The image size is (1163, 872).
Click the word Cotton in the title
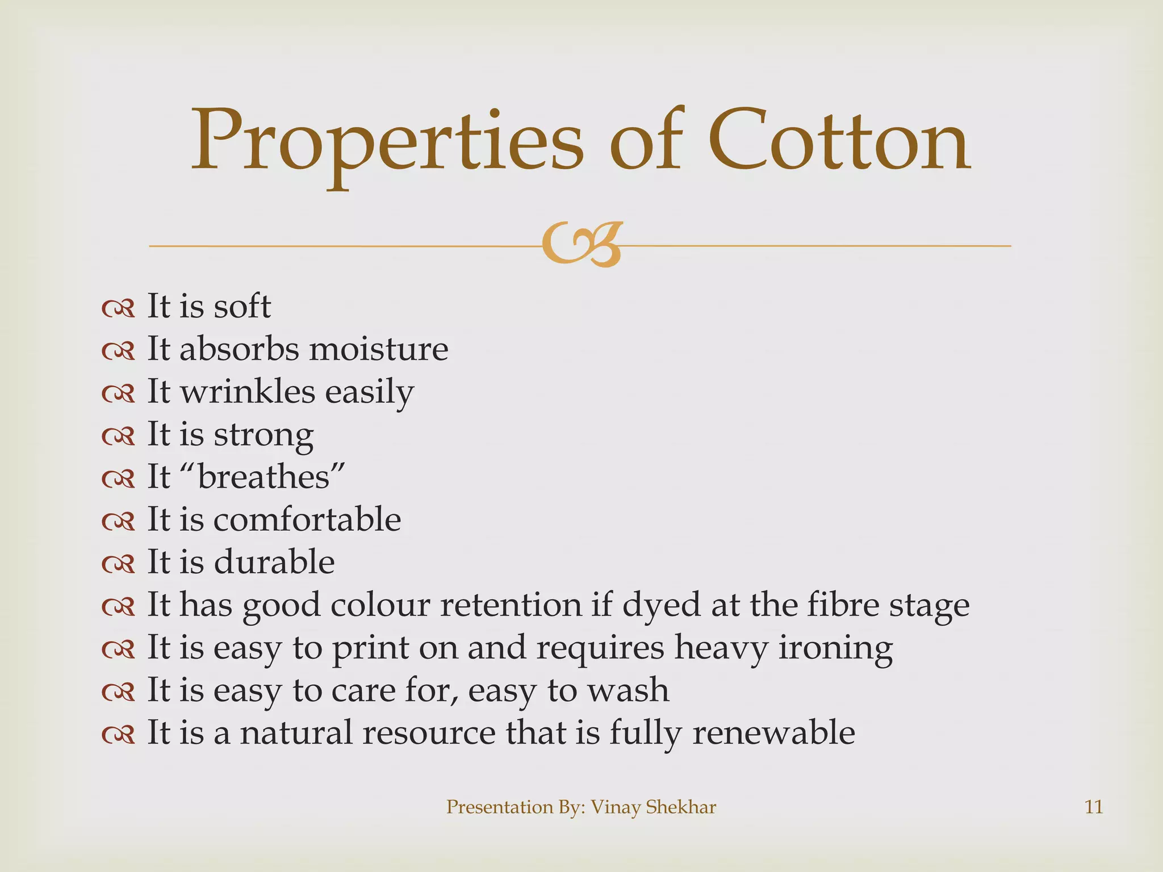tap(839, 142)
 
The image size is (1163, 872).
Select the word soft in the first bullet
tap(242, 307)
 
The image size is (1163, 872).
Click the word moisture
tap(378, 349)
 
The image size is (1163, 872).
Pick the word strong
tap(263, 435)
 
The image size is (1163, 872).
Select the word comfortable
tap(307, 519)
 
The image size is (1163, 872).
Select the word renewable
tap(773, 733)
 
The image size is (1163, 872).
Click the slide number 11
tap(1094, 807)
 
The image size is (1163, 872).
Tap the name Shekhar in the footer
tap(682, 807)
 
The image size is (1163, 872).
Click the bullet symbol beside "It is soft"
tap(118, 308)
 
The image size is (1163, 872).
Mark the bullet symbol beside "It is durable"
tap(118, 564)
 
